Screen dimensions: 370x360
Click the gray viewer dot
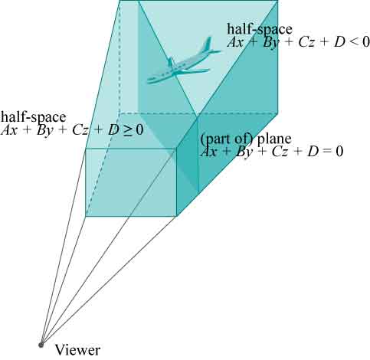[41, 345]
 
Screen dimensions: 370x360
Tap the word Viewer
[78, 350]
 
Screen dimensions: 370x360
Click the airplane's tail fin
[208, 44]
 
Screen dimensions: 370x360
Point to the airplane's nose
[148, 81]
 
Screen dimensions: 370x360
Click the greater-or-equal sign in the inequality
[128, 129]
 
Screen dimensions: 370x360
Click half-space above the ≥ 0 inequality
[33, 117]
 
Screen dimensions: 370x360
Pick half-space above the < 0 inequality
[260, 29]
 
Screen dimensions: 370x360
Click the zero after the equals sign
[339, 152]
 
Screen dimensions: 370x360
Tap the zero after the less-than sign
[365, 41]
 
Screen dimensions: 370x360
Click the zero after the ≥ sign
[139, 129]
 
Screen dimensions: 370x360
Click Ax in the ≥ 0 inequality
[9, 130]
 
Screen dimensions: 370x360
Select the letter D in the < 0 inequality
[339, 42]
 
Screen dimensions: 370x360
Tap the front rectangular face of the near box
[131, 182]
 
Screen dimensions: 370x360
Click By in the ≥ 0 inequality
[44, 130]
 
